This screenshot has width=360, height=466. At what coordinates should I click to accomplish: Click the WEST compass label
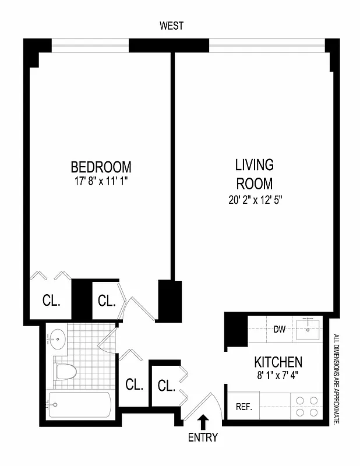point(171,26)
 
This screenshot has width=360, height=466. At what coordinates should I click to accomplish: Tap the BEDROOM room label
point(101,167)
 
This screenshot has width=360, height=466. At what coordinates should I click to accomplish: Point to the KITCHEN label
point(277,362)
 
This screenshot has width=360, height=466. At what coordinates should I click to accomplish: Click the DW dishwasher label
point(280,329)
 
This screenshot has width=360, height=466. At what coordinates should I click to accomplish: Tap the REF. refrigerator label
point(243,407)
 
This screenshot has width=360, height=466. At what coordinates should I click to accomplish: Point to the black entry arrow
point(203,421)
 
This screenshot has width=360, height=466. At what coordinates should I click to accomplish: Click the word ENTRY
point(203,437)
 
